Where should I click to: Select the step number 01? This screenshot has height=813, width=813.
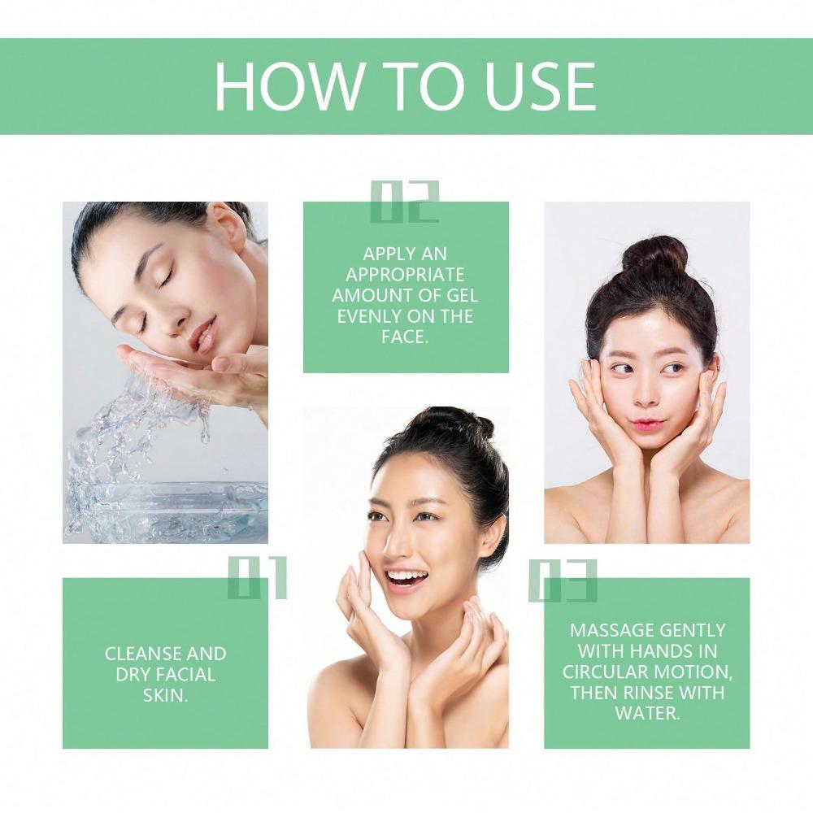coord(257,578)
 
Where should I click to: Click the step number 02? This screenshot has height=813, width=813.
coord(404,202)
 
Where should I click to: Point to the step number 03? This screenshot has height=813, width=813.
coord(563,580)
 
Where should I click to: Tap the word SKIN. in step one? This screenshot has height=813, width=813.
coord(165,695)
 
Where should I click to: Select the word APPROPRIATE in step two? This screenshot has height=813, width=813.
coord(406,275)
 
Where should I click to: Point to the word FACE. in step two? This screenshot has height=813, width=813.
coord(405,336)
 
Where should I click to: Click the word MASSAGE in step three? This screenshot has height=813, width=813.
coord(611,630)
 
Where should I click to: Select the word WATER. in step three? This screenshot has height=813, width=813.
coord(647,713)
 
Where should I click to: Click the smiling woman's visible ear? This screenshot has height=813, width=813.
coord(492,537)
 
